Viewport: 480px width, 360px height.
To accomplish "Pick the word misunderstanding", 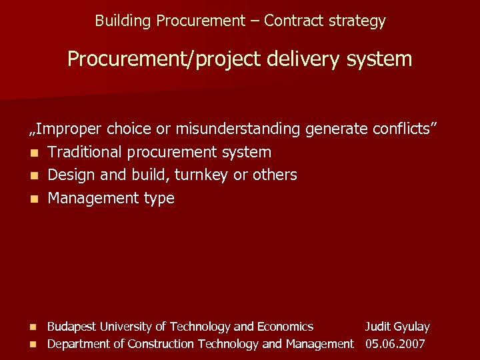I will [x=237, y=129].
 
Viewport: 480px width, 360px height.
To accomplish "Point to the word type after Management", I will [x=159, y=199].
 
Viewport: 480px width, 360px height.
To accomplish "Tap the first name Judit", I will [x=378, y=327].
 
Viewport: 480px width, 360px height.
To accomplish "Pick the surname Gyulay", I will [x=412, y=327].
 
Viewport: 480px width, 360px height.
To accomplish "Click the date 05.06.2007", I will [x=395, y=344].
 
